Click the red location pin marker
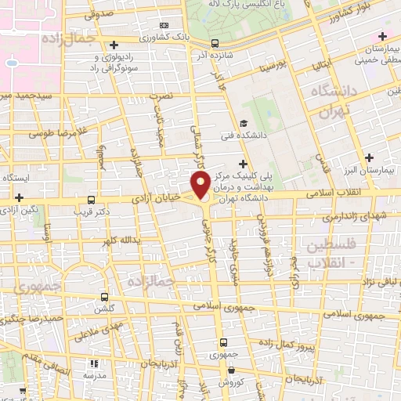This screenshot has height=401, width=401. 200,186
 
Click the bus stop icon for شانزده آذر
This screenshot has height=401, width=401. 215,44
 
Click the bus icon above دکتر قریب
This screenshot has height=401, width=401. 92,200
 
